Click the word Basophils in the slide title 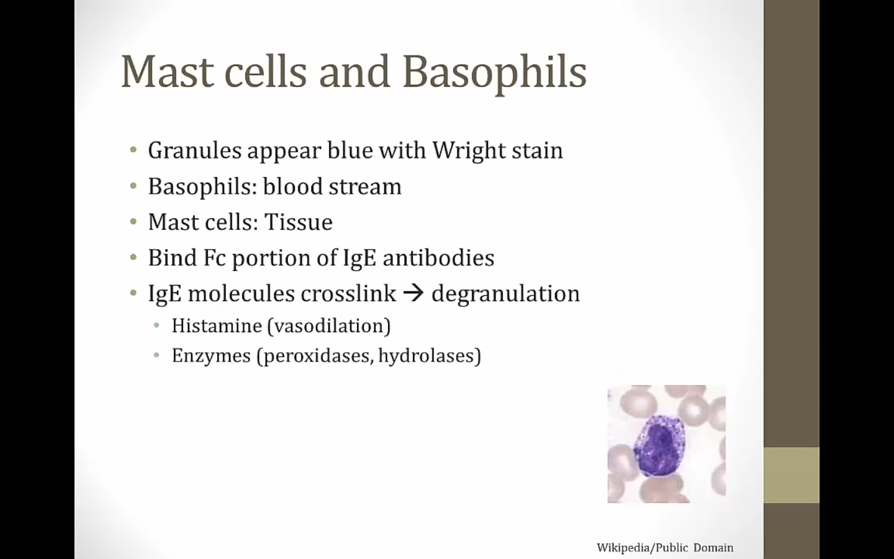pyautogui.click(x=494, y=72)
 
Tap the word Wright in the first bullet pyautogui.click(x=467, y=151)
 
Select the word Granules pyautogui.click(x=194, y=150)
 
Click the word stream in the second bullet pyautogui.click(x=365, y=187)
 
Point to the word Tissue pyautogui.click(x=298, y=222)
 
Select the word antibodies pyautogui.click(x=438, y=257)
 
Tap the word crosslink pyautogui.click(x=348, y=293)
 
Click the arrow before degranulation pyautogui.click(x=413, y=293)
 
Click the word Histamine pyautogui.click(x=217, y=325)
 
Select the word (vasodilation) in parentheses pyautogui.click(x=329, y=326)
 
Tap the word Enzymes pyautogui.click(x=210, y=356)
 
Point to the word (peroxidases pyautogui.click(x=315, y=355)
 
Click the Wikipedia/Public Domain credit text pyautogui.click(x=665, y=547)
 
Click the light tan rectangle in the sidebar pyautogui.click(x=792, y=475)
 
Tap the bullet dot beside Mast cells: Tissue pyautogui.click(x=133, y=222)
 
